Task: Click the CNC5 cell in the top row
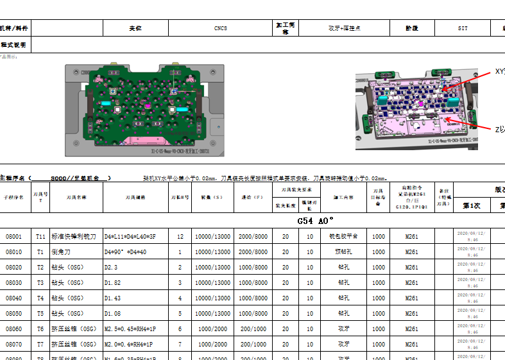coord(220,28)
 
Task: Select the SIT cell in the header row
coord(462,28)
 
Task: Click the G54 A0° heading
coord(315,221)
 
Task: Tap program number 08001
coord(13,237)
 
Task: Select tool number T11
coord(40,237)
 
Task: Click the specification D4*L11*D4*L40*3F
coord(130,237)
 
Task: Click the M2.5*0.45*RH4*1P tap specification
coord(132,329)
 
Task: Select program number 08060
coord(13,329)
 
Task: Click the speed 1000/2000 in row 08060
coord(212,329)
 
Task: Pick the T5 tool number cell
coord(40,313)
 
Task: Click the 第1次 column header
coord(472,205)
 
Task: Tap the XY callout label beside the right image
coord(499,71)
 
